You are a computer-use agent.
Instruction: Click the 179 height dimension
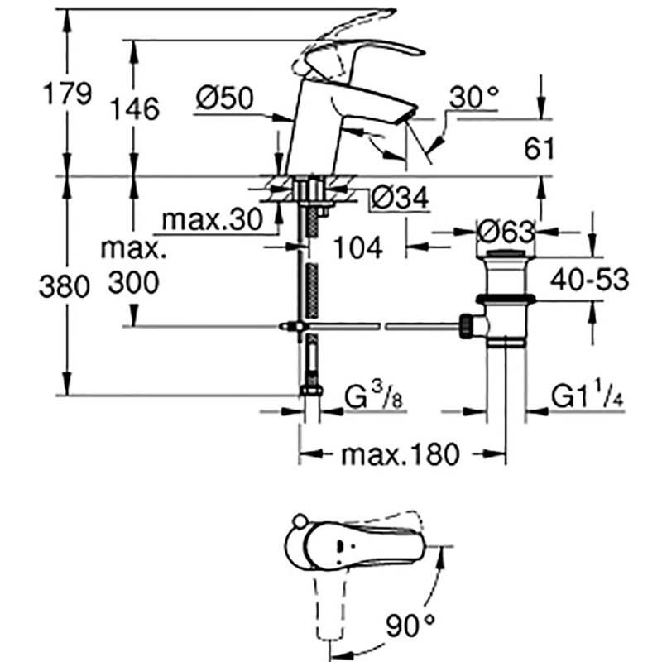pos(68,94)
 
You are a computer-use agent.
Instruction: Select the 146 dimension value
pos(135,109)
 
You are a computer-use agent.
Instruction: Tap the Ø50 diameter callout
pos(225,98)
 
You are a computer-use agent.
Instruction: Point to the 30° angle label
pos(473,98)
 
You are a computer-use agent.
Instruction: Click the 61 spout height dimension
pos(540,149)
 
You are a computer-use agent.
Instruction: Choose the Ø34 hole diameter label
pos(401,197)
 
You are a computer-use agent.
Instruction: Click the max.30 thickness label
pos(213,219)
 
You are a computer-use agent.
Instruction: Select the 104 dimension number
pos(358,247)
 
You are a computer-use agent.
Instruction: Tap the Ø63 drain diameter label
pos(506,232)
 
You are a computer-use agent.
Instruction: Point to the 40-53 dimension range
pos(589,279)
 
